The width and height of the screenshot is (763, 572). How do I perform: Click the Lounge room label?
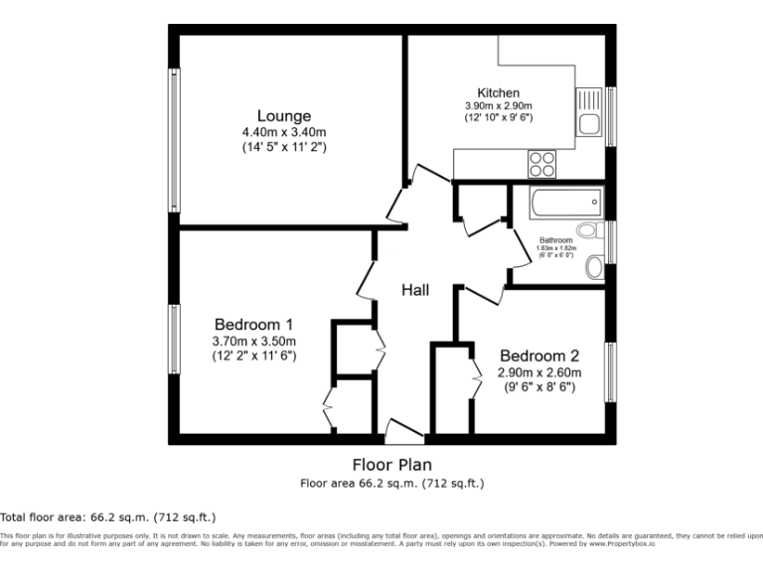[x=284, y=116]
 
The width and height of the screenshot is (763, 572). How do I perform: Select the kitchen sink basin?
[x=588, y=123]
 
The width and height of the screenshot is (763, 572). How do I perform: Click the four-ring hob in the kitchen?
[x=542, y=162]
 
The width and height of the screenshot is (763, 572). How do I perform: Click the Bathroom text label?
[x=555, y=240]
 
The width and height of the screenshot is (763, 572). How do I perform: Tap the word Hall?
[x=415, y=290]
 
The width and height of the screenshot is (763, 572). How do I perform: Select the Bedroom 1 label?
[x=253, y=325]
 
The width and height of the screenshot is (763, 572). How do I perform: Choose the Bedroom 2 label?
[x=538, y=357]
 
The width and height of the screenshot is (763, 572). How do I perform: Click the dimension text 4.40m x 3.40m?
[x=284, y=132]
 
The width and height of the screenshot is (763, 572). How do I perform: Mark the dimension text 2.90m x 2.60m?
[x=538, y=373]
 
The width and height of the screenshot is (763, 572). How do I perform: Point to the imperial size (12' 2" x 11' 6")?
[x=253, y=355]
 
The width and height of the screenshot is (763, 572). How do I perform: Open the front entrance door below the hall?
[x=404, y=433]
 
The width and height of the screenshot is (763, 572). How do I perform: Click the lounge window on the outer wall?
[x=174, y=139]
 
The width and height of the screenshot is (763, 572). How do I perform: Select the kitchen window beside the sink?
[x=611, y=117]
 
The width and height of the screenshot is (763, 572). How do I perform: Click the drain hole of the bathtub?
[x=594, y=202]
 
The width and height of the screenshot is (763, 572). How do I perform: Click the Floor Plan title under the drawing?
[x=391, y=464]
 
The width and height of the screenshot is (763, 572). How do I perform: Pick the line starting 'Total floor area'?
[x=107, y=517]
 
